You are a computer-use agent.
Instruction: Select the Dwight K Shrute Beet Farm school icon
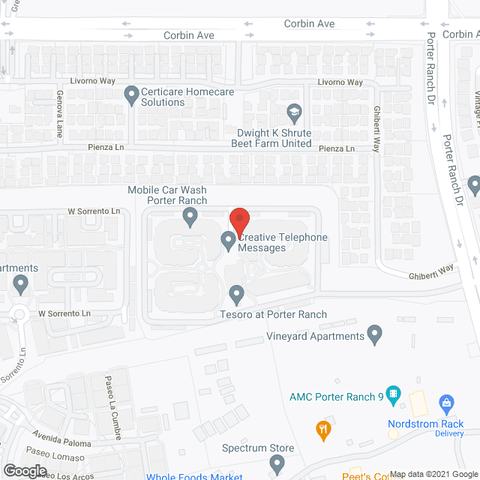coord(295,113)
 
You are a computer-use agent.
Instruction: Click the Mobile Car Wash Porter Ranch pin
coord(190,217)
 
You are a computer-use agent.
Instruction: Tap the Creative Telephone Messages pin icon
coord(228,241)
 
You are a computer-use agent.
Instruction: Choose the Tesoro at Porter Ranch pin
coord(237,293)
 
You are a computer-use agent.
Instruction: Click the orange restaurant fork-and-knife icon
coord(323,429)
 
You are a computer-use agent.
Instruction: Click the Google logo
coord(24,470)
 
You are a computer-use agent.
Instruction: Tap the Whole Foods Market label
coord(194,476)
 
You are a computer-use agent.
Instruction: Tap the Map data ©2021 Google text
coord(433,474)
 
